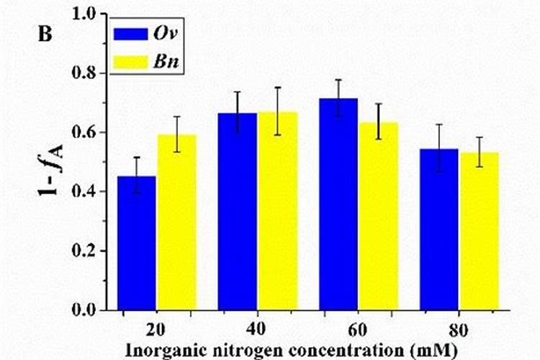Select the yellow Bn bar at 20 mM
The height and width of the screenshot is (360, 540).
point(177,222)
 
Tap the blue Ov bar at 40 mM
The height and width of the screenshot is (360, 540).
point(238,212)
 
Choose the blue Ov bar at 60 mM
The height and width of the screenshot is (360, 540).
point(338,204)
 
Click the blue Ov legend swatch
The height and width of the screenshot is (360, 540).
point(130,35)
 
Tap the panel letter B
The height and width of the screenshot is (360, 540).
point(45,34)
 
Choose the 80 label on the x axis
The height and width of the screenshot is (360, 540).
point(459,330)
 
